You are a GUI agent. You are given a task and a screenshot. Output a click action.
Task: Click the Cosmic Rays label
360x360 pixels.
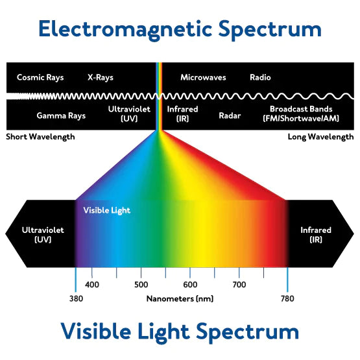(40, 78)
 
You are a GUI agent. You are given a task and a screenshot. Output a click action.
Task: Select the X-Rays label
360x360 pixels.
(101, 78)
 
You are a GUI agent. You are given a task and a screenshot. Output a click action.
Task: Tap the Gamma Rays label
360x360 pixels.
(61, 115)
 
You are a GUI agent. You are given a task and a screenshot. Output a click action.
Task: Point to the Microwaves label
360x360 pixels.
(203, 77)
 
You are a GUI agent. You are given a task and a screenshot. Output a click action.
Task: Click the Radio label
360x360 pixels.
(260, 77)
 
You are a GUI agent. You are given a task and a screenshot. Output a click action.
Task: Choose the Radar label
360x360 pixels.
(230, 115)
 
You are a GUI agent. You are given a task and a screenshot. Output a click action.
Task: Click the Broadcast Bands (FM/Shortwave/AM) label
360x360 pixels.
(301, 114)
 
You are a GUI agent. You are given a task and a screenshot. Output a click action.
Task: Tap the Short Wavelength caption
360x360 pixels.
(40, 137)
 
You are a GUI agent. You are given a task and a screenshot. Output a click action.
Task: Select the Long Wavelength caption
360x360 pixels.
(320, 137)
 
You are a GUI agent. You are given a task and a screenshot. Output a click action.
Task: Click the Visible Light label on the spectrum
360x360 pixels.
(107, 210)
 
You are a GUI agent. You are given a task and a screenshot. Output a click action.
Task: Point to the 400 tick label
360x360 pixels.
(92, 285)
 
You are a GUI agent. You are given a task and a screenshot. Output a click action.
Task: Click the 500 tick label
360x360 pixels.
(141, 285)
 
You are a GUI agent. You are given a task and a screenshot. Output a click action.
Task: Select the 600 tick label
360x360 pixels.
(190, 285)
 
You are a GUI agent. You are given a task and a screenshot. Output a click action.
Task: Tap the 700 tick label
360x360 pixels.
(239, 285)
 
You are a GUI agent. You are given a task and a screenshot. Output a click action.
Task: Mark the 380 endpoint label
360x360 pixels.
(77, 298)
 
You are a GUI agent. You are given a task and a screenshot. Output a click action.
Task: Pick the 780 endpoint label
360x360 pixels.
(287, 298)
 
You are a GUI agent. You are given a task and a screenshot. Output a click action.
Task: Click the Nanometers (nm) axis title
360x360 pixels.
(180, 298)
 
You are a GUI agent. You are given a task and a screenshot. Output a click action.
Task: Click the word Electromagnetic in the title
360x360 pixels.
(125, 29)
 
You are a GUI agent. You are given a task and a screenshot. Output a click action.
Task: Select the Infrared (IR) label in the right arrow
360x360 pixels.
(316, 235)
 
